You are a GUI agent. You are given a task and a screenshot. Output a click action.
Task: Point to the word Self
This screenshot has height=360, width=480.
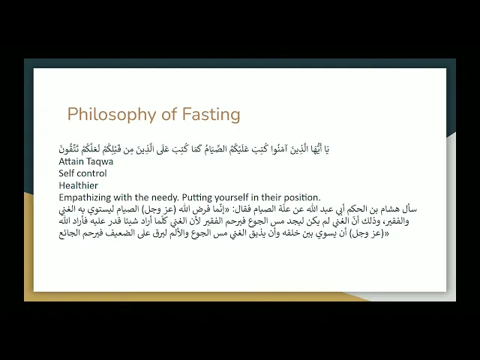67,173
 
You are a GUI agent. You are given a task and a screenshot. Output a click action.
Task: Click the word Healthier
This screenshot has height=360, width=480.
78,185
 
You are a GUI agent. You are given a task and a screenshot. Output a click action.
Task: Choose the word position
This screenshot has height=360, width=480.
303,197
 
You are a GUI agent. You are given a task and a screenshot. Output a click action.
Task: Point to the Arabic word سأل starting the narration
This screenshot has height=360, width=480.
410,209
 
